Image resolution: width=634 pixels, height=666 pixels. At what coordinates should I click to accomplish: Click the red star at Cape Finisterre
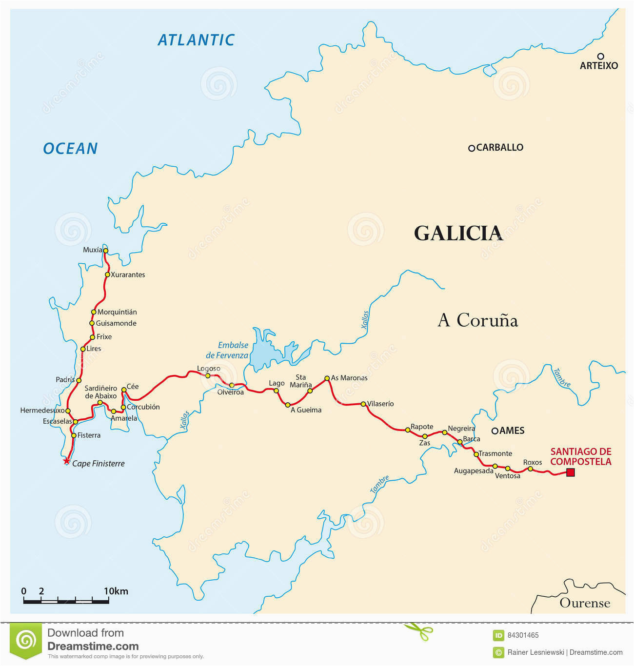(x=66, y=461)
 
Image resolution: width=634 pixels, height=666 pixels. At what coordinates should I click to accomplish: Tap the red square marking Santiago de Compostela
(x=570, y=472)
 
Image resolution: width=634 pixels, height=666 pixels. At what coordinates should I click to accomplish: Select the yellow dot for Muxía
(x=105, y=251)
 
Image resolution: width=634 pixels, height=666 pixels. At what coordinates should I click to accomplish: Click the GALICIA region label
(x=458, y=233)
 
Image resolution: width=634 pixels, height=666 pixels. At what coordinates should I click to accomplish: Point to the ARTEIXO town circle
(x=601, y=56)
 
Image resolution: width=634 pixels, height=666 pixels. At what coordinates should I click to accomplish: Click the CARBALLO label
(x=499, y=147)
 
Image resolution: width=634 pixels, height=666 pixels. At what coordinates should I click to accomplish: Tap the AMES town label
(x=512, y=431)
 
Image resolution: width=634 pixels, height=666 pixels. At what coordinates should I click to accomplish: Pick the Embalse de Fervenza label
(x=227, y=351)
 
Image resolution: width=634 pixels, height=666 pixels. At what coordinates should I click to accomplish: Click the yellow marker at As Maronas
(x=327, y=378)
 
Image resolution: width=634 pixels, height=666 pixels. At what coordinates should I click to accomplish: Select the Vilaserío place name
(x=380, y=404)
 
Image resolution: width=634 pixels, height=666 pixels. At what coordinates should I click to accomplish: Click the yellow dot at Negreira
(x=444, y=432)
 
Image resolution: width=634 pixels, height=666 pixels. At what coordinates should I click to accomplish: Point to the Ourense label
(x=585, y=603)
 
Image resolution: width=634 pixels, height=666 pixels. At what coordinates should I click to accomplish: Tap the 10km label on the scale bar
(x=116, y=591)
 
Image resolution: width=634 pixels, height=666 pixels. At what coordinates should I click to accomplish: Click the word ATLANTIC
(x=196, y=40)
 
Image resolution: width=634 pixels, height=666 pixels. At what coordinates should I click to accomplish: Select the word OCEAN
(x=71, y=148)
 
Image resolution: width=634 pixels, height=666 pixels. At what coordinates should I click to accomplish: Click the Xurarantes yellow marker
(x=107, y=274)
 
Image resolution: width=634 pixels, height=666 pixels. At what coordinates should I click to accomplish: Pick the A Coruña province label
(x=477, y=320)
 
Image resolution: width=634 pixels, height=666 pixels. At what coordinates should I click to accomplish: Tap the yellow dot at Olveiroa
(x=232, y=385)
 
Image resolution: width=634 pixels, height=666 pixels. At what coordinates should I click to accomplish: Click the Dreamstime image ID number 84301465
(x=523, y=635)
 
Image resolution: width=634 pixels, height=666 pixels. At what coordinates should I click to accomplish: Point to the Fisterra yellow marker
(x=74, y=435)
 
